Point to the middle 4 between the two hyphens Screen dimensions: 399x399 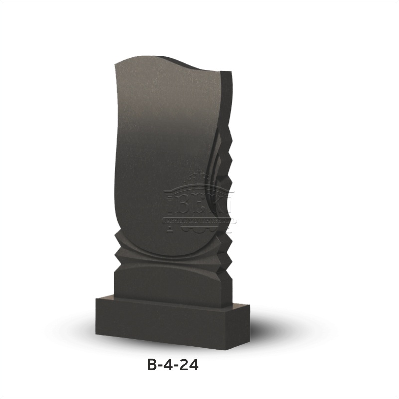click(x=168, y=366)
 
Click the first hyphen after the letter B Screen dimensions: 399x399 click(x=160, y=367)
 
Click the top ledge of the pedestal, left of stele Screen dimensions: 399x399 click(x=104, y=299)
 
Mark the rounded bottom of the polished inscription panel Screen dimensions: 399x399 click(x=165, y=252)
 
